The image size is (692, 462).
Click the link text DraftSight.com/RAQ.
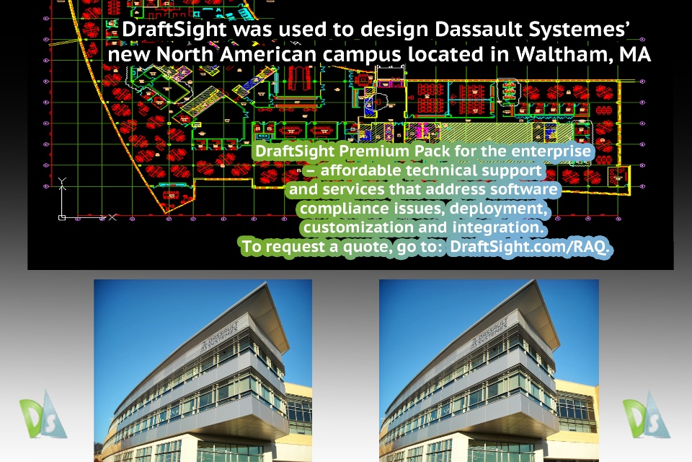(x=529, y=246)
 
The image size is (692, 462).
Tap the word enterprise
(x=551, y=151)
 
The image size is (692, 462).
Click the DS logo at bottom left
(x=43, y=414)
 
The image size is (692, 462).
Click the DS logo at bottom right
(x=646, y=414)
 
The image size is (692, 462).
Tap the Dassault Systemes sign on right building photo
(x=489, y=333)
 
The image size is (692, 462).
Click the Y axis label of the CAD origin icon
(x=62, y=180)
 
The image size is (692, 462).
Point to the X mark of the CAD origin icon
(x=112, y=217)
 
